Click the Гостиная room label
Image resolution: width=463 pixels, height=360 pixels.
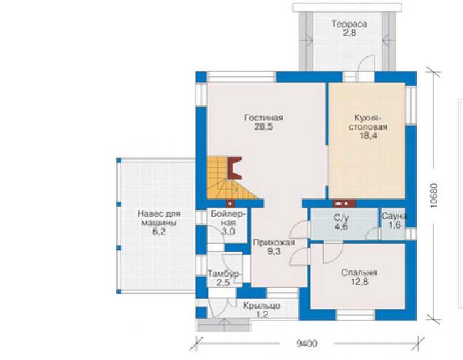click(x=263, y=118)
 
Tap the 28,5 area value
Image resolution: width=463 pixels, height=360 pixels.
click(x=263, y=127)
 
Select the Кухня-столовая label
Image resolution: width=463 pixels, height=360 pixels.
click(x=368, y=122)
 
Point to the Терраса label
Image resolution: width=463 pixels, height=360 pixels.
click(x=350, y=24)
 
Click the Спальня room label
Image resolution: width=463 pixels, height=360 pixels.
click(x=359, y=272)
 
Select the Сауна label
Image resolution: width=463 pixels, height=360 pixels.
click(x=394, y=216)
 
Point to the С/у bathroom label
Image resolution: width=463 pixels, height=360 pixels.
click(x=341, y=218)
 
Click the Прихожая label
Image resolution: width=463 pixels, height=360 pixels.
click(x=274, y=243)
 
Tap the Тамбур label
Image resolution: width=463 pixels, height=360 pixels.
click(x=224, y=274)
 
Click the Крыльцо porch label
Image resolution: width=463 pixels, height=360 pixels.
click(x=262, y=306)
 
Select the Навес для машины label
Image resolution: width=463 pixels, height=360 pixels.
click(x=159, y=218)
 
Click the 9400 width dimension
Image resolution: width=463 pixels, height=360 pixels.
click(x=307, y=344)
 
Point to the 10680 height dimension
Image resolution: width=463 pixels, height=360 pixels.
click(x=434, y=195)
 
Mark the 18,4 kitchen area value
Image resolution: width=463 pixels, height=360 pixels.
click(x=368, y=136)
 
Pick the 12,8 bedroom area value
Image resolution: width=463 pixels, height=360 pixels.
click(x=359, y=282)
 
